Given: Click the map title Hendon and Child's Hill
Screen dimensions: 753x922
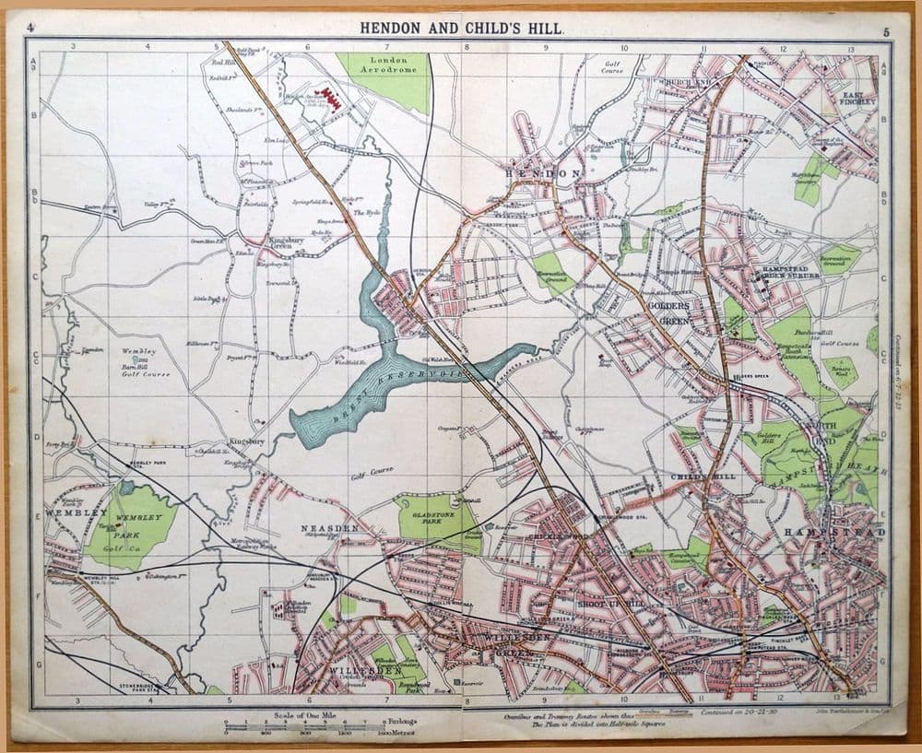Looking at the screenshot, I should (x=461, y=29).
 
